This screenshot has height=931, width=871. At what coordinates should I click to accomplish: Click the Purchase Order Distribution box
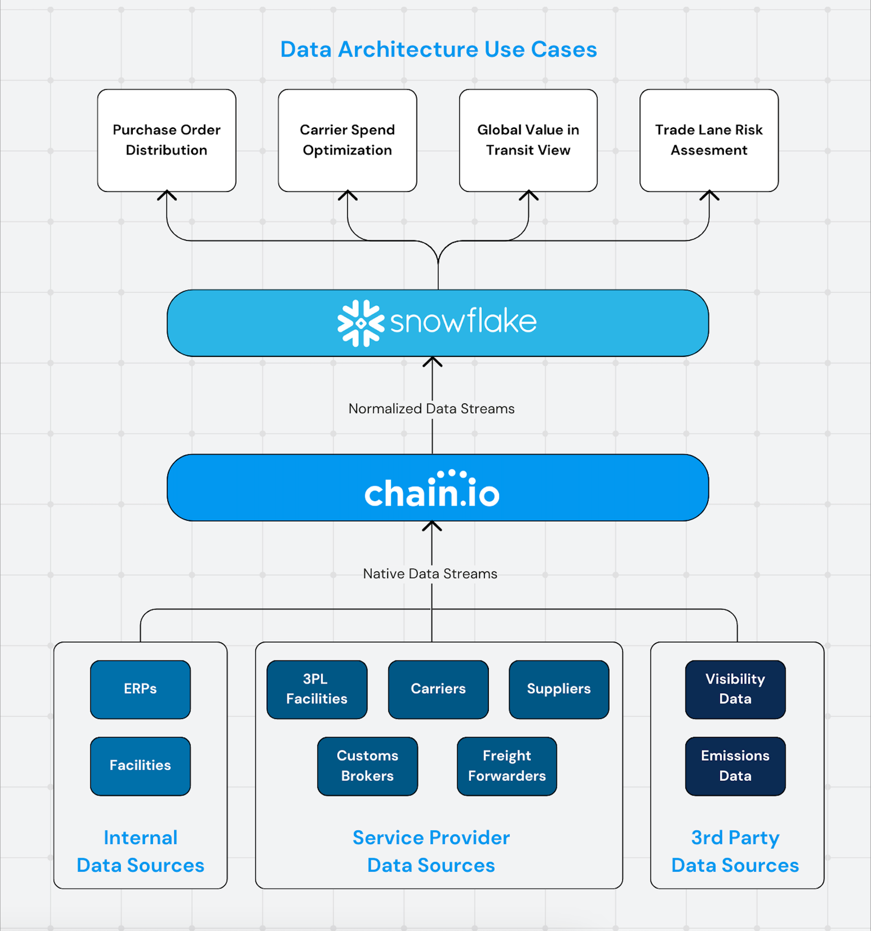[x=167, y=140]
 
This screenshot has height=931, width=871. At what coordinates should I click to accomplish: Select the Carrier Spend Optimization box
[x=347, y=140]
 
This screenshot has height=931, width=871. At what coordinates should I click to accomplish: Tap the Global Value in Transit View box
[x=528, y=140]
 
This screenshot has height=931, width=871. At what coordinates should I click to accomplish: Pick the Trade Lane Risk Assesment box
[x=709, y=140]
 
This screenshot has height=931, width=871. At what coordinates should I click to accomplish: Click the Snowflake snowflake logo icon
[x=360, y=323]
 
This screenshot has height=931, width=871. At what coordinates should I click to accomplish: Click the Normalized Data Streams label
[x=431, y=409]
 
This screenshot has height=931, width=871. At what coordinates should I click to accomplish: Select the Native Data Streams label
[x=430, y=574]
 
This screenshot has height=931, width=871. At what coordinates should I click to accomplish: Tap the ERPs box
[x=140, y=689]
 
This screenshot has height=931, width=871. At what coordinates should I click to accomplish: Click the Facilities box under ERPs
[x=140, y=766]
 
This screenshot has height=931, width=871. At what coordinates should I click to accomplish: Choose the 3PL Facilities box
[x=317, y=689]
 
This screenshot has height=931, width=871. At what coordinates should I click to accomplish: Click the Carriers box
[x=438, y=689]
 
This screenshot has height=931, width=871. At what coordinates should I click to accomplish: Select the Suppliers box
[x=559, y=689]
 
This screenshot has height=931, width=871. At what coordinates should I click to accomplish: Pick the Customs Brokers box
[x=367, y=766]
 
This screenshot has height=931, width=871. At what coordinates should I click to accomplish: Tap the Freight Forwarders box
[x=507, y=766]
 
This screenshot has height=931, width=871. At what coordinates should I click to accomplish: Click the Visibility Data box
[x=735, y=689]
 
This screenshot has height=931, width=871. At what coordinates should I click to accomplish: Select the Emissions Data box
[x=735, y=766]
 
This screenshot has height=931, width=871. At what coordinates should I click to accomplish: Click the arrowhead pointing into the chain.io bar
[x=432, y=526]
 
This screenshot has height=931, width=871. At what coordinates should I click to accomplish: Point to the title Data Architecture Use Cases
[x=438, y=50]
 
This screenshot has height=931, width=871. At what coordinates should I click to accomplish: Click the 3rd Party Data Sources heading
[x=735, y=852]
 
